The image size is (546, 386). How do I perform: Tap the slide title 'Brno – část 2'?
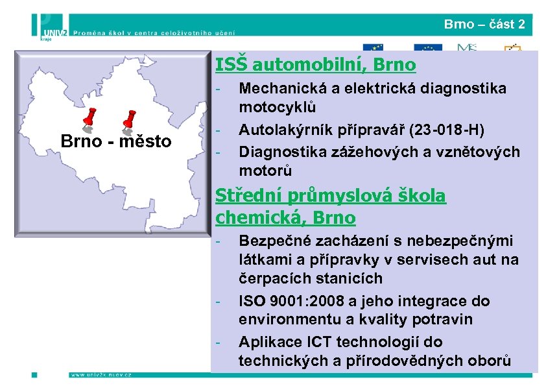pos(484,25)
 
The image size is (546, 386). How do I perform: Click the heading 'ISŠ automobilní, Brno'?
pos(315,66)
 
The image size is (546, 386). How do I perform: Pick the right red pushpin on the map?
pos(129,119)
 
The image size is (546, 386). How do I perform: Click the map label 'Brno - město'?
pos(115,141)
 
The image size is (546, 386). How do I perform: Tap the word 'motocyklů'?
pos(277,106)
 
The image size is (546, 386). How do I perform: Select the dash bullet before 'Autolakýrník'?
pos(220,128)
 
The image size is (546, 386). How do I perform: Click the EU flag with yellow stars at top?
pos(373,49)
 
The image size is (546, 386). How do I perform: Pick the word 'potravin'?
pos(444,320)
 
